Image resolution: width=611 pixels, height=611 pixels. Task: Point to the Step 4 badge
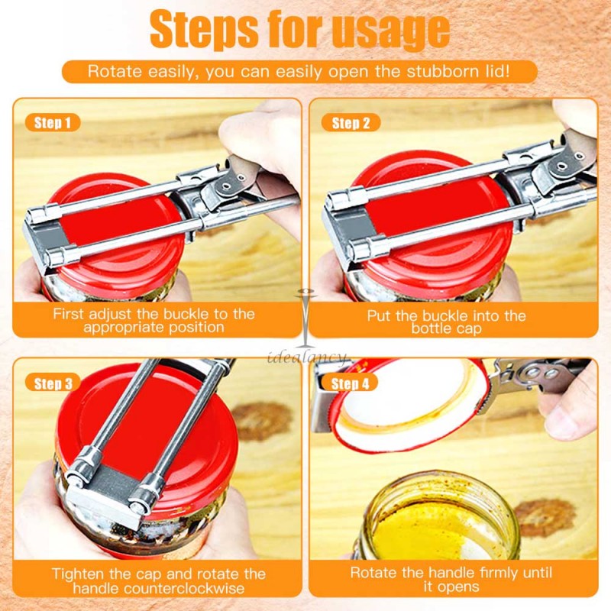coord(351,383)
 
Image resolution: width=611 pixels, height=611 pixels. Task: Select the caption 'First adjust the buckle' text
coord(154,320)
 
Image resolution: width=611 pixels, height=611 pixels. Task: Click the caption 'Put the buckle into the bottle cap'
coord(447,322)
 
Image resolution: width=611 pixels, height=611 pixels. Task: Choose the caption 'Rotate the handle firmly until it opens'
coord(451,580)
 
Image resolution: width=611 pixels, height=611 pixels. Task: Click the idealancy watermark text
coord(305,356)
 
